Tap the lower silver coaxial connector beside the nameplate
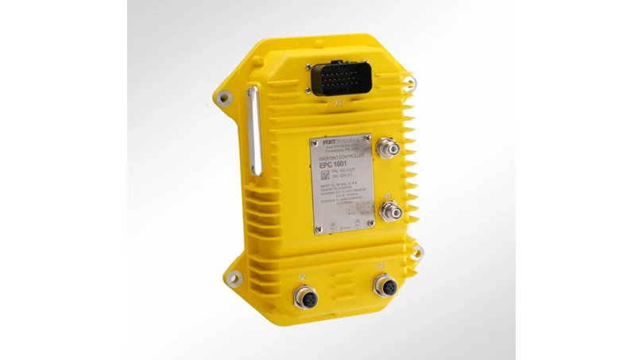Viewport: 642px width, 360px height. (x=390, y=208)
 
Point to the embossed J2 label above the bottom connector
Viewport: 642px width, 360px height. (x=302, y=277)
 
